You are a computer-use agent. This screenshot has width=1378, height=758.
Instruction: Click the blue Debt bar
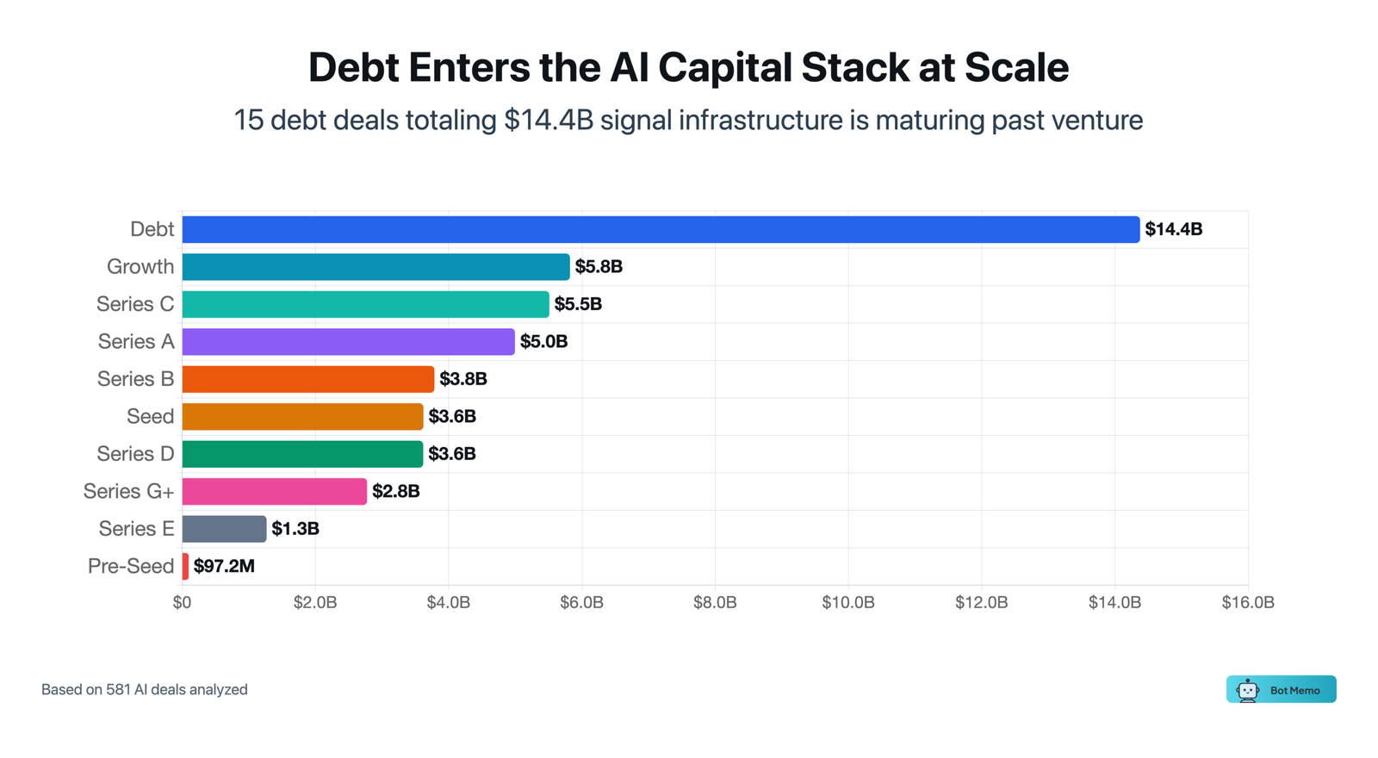(x=661, y=229)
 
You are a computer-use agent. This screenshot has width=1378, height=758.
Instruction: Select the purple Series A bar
(x=348, y=342)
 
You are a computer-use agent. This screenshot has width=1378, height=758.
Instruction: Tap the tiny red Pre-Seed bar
(x=185, y=566)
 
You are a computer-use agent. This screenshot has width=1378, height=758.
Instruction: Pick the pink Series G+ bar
(x=274, y=491)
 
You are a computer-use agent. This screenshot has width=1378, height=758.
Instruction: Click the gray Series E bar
(x=224, y=529)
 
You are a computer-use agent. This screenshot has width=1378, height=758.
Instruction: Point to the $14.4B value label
(x=1173, y=229)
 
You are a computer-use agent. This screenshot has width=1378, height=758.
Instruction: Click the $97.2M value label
(x=224, y=566)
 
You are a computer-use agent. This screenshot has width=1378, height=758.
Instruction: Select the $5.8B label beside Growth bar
(x=599, y=267)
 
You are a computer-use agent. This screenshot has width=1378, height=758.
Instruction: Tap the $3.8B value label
(x=463, y=379)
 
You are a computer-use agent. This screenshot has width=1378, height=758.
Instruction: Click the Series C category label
(x=135, y=304)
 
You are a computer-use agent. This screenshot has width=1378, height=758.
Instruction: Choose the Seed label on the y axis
(x=150, y=417)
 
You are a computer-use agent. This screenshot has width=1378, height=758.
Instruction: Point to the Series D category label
(x=135, y=454)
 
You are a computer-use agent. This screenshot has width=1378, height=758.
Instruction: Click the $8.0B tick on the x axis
(x=715, y=603)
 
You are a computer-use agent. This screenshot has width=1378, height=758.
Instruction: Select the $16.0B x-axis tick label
(x=1247, y=603)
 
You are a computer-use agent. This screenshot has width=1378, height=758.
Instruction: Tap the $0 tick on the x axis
(x=182, y=603)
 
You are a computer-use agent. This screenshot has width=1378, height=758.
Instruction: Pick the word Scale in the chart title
(x=1016, y=67)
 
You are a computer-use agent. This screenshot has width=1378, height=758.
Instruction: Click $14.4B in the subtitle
(x=549, y=120)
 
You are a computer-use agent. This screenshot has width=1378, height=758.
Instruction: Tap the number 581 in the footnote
(x=118, y=690)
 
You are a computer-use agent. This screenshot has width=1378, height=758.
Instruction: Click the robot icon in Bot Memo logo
(x=1247, y=690)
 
